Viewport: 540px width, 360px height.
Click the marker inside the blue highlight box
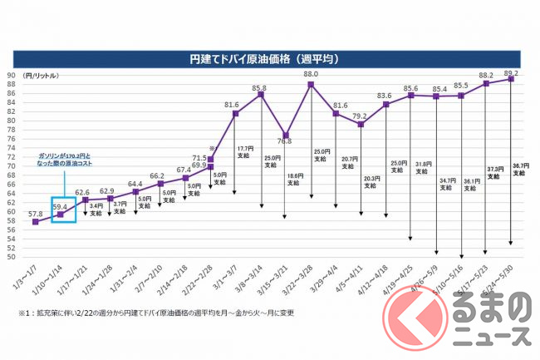60,215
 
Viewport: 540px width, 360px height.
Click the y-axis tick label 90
12,76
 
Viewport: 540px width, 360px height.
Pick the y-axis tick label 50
12,257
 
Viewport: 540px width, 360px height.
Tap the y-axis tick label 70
12,166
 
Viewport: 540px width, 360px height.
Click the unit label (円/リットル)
41,76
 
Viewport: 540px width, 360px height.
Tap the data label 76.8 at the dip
284,142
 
